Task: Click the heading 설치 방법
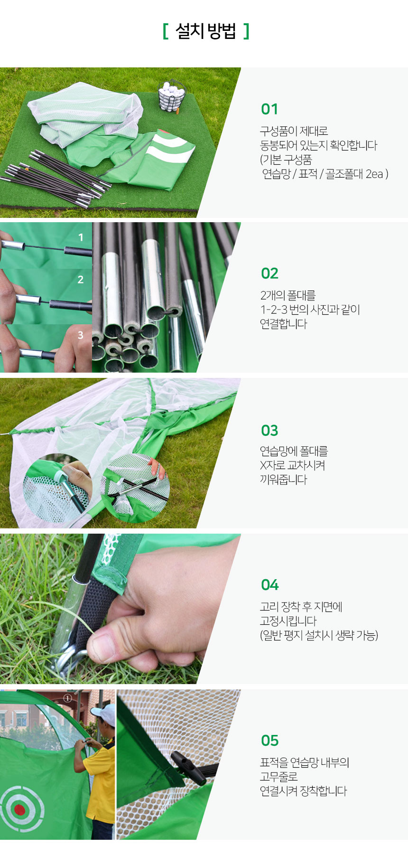click(x=205, y=31)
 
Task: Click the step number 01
click(x=269, y=109)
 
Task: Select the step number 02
click(x=269, y=273)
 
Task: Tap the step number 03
click(x=269, y=431)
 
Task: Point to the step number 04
click(x=270, y=585)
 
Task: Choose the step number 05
click(x=269, y=741)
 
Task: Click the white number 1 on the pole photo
click(x=81, y=237)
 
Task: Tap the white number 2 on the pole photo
click(x=81, y=280)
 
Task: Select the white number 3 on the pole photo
click(x=81, y=335)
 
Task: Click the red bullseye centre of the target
click(x=19, y=809)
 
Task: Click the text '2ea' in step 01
click(x=374, y=174)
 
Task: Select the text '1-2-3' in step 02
click(x=274, y=310)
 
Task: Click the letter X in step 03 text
click(x=264, y=466)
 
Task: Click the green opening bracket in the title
click(x=165, y=31)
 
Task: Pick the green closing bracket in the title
click(x=246, y=31)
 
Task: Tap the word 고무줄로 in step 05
click(x=279, y=777)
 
